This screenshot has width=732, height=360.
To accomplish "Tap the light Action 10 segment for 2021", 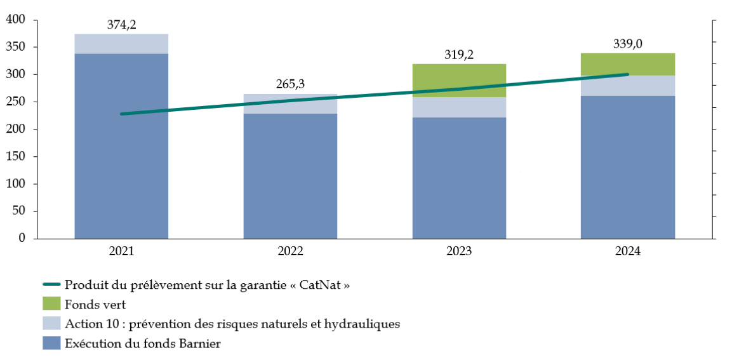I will coord(121,44).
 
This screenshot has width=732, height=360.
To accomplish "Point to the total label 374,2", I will coord(122,25).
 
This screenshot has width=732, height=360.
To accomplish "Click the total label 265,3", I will coord(290,84).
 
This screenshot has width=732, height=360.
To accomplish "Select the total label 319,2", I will coord(459,55).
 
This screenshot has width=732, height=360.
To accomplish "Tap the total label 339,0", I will coord(627,44).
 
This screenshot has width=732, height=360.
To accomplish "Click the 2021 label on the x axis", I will coord(121,251).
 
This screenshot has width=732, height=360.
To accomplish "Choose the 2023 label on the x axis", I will coord(459,251).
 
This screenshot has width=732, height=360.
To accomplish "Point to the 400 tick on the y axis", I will coord(15,20).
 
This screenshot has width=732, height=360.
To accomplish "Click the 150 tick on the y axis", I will coord(15,157).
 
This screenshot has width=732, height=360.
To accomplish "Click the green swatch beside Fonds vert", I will coord(51,304).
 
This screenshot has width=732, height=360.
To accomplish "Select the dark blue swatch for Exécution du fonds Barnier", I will coord(51,343).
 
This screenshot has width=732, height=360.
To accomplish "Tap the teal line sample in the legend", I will coord(51,285).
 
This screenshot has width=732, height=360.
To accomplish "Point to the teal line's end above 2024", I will coord(627,74).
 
